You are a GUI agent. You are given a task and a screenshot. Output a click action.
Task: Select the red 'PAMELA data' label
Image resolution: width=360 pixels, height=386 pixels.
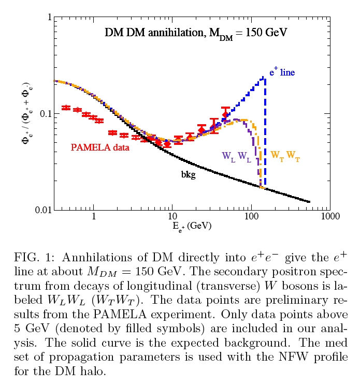point(100,147)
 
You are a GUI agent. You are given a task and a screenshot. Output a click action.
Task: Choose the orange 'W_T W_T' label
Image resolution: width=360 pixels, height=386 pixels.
point(285,155)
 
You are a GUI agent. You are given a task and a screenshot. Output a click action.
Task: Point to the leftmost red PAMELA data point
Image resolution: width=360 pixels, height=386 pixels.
point(66,108)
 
